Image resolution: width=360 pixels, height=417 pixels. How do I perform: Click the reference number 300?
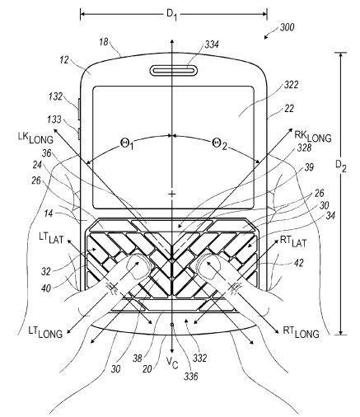pyautogui.click(x=287, y=27)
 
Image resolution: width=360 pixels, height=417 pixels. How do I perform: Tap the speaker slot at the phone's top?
pyautogui.click(x=174, y=71)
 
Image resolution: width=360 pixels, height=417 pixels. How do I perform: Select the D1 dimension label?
pyautogui.click(x=171, y=15)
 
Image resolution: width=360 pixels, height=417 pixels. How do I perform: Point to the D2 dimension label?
pyautogui.click(x=341, y=166)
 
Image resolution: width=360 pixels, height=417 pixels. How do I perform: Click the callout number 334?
pyautogui.click(x=211, y=45)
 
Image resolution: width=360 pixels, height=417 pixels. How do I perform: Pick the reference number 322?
pyautogui.click(x=291, y=85)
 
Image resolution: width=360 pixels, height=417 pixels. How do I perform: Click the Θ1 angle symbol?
pyautogui.click(x=127, y=143)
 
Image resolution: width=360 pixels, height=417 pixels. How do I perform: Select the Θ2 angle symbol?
pyautogui.click(x=219, y=143)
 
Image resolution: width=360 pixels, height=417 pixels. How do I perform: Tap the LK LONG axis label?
pyautogui.click(x=35, y=138)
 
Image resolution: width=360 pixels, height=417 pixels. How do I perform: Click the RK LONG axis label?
pyautogui.click(x=312, y=136)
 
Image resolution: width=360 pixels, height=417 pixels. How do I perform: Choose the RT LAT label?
pyautogui.click(x=293, y=241)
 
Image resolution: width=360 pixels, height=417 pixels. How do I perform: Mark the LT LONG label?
pyautogui.click(x=45, y=332)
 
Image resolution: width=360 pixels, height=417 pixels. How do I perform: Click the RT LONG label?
pyautogui.click(x=301, y=332)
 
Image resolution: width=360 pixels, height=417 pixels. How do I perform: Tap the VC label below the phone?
pyautogui.click(x=172, y=363)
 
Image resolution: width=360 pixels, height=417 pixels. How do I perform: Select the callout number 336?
pyautogui.click(x=191, y=376)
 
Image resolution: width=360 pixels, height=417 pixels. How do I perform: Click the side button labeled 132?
pyautogui.click(x=79, y=110)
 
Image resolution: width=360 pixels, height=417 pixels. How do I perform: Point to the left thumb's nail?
pyautogui.click(x=135, y=266)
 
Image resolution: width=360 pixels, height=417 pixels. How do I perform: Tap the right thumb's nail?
pyautogui.click(x=211, y=265)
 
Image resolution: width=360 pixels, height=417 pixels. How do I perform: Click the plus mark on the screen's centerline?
pyautogui.click(x=172, y=194)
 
